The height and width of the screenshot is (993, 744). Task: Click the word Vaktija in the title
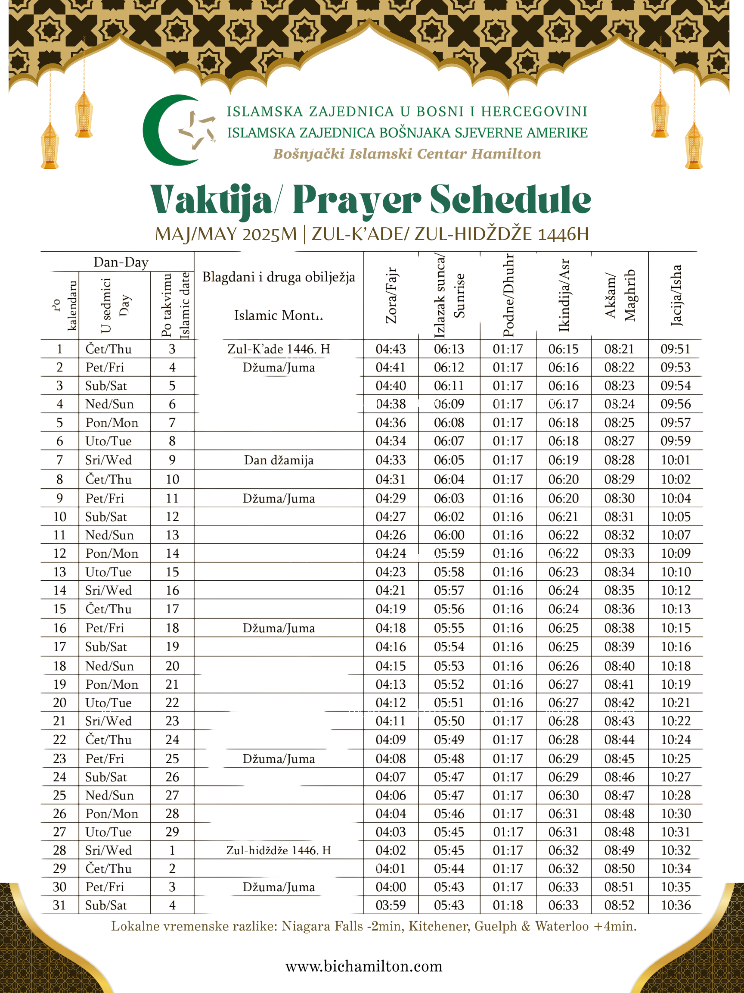(211, 200)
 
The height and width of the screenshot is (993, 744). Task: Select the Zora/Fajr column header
(391, 295)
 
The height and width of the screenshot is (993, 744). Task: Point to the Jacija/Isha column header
(676, 295)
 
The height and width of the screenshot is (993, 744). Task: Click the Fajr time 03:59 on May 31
(391, 906)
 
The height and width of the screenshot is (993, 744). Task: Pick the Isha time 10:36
(676, 906)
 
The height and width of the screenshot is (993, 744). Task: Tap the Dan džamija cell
(279, 460)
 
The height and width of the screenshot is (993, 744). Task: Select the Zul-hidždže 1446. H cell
(279, 850)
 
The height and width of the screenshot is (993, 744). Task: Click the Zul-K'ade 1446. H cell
(279, 349)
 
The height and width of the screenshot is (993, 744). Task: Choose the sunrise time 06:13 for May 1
(449, 349)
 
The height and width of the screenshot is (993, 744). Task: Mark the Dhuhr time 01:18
(508, 906)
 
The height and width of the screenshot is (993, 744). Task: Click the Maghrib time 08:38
(619, 628)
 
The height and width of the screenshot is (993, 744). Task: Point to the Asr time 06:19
(564, 460)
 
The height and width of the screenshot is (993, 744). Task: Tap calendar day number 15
(60, 609)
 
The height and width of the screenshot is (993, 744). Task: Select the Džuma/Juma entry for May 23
(279, 759)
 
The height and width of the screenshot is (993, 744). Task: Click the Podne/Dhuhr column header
(508, 295)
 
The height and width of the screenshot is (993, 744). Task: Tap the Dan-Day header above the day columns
(121, 262)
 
